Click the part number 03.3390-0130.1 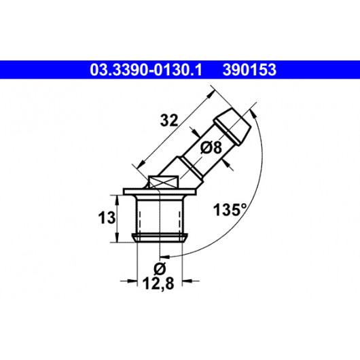146,70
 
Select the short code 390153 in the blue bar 249,70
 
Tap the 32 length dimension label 169,120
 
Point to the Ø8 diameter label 211,147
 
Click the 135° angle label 230,210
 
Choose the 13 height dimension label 107,217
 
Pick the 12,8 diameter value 158,284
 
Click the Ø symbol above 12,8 160,268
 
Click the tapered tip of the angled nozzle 232,127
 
